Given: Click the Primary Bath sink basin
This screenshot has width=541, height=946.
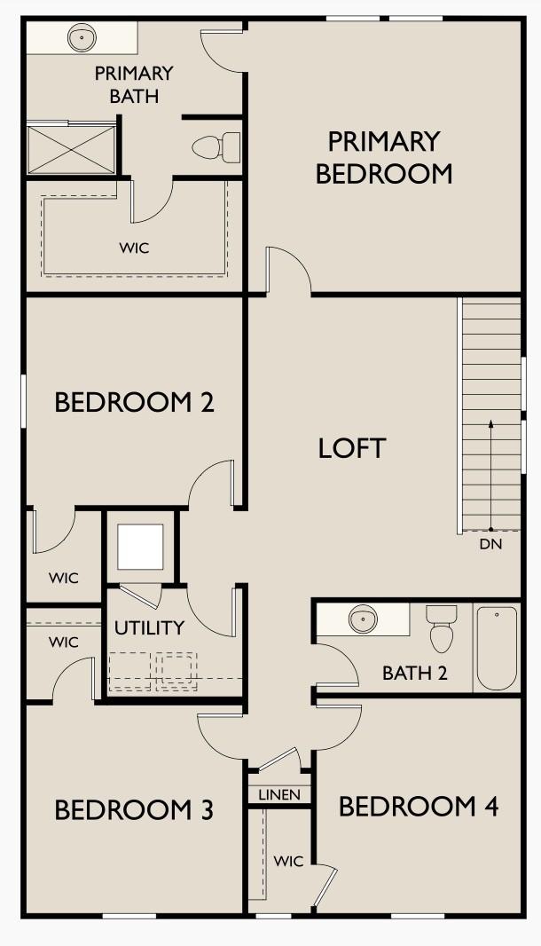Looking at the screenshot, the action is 82,38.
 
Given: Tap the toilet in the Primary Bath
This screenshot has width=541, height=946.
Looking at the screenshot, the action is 216,147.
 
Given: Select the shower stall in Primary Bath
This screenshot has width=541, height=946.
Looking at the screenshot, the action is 72,149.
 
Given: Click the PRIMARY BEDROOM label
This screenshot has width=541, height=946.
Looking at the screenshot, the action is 384,157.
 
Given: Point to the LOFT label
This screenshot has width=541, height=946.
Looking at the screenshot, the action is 351,448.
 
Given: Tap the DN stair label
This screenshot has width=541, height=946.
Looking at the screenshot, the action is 490,544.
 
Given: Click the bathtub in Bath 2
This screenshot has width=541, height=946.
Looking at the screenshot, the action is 497,649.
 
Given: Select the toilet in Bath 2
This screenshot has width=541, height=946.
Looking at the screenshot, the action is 442,628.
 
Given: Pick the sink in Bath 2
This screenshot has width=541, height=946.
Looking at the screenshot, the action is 363,619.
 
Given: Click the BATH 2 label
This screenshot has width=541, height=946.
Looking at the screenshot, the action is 415,673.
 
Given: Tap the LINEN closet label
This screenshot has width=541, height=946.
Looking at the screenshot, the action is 279,795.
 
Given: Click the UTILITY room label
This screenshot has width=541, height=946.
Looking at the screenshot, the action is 149,628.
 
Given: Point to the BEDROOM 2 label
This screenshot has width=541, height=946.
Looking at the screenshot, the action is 134,402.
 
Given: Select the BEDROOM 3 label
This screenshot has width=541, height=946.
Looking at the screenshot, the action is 134,809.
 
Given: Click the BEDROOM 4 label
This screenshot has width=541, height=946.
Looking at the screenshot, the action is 419,806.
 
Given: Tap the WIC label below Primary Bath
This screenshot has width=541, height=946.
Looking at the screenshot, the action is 134,248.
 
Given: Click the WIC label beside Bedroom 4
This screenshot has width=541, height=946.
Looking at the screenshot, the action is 288,861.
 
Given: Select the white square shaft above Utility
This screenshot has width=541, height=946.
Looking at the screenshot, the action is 140,548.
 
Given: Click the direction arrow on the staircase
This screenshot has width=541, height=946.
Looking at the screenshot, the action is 491,475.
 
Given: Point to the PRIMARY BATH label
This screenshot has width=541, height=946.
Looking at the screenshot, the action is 134,84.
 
